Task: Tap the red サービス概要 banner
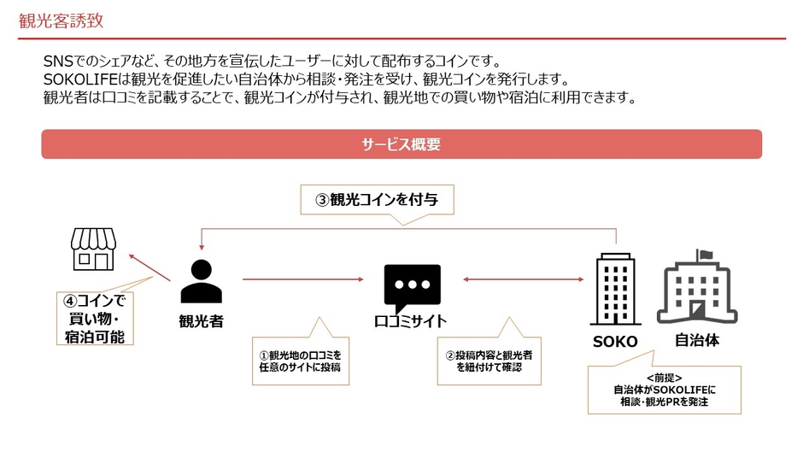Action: point(401,144)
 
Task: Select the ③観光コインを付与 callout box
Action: point(377,200)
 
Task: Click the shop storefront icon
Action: point(92,249)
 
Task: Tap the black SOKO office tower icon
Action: point(614,289)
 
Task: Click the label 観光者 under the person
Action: point(201,322)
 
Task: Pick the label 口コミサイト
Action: point(410,322)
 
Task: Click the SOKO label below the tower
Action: point(614,341)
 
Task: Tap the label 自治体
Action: point(696,339)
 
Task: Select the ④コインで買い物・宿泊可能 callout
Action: point(94,319)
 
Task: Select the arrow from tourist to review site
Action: point(302,279)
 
